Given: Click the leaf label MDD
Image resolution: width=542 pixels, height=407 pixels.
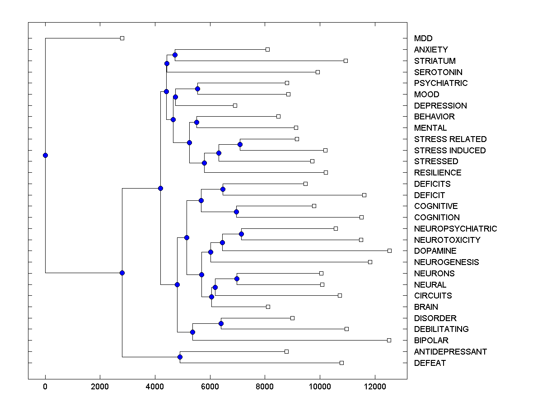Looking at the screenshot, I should pyautogui.click(x=423, y=38).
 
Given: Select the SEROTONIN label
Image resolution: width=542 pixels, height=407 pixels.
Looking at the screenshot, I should pyautogui.click(x=438, y=72).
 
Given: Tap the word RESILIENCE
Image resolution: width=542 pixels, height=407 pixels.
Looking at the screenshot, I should pyautogui.click(x=438, y=173).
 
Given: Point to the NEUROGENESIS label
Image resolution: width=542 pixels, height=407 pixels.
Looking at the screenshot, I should pyautogui.click(x=446, y=262).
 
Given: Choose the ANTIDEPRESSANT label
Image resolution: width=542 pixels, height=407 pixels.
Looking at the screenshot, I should pyautogui.click(x=450, y=352).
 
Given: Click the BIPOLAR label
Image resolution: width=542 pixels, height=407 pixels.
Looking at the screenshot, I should pyautogui.click(x=431, y=341).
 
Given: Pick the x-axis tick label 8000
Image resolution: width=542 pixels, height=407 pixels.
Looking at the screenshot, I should pyautogui.click(x=265, y=387).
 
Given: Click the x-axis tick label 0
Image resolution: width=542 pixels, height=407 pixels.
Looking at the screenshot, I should pyautogui.click(x=45, y=387).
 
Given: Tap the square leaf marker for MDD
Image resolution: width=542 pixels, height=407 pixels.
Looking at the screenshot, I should pyautogui.click(x=122, y=38).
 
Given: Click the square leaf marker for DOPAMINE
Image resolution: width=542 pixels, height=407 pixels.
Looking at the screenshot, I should pyautogui.click(x=390, y=251).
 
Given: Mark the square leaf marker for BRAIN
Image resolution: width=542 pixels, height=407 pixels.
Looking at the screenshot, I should pyautogui.click(x=268, y=307).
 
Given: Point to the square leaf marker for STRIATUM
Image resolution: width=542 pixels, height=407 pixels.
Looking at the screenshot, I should pyautogui.click(x=346, y=61).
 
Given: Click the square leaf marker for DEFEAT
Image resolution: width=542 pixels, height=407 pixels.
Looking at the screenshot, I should pyautogui.click(x=341, y=363).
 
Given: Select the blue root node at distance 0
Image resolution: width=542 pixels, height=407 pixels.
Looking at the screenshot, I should pyautogui.click(x=45, y=155).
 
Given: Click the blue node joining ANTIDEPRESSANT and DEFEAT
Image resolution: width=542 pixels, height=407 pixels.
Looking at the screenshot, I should pyautogui.click(x=180, y=357).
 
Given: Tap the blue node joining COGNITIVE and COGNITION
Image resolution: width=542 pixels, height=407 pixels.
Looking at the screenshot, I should pyautogui.click(x=236, y=212).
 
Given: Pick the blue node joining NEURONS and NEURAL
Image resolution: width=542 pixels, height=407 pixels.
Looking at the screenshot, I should pyautogui.click(x=237, y=279).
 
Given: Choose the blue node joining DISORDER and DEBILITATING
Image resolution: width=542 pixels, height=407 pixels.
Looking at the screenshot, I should pyautogui.click(x=221, y=323).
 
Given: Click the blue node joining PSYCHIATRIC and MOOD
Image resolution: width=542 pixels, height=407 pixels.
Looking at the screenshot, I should pyautogui.click(x=197, y=89).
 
